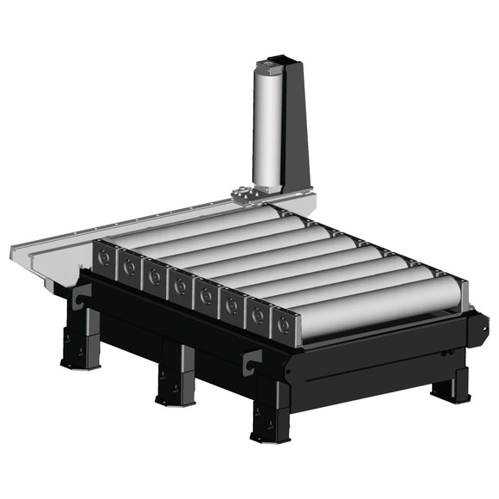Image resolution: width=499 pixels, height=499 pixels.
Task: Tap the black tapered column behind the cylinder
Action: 297,129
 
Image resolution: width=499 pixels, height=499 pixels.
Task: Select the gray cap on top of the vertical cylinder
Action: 278,62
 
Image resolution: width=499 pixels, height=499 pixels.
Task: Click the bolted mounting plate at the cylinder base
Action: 250,197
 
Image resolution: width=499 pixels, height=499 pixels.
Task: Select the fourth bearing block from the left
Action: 181,285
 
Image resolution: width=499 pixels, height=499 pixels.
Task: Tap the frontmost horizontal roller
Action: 379,309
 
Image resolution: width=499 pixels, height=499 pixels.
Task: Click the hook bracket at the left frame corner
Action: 83,297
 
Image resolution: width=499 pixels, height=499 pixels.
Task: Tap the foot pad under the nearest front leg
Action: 270,437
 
